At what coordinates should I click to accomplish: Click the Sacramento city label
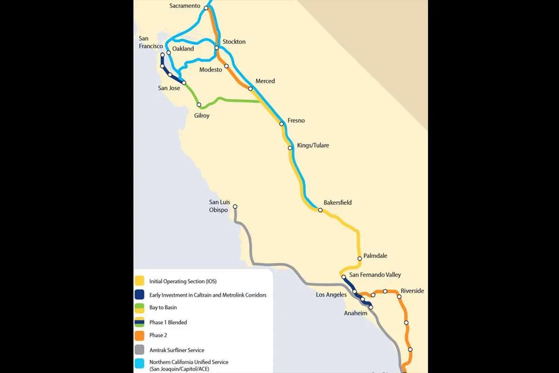point(185,6)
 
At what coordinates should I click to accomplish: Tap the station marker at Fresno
point(282,124)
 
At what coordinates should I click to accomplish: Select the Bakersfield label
point(338,203)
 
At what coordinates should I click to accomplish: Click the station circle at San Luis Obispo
point(235,207)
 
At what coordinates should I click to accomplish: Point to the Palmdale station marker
point(360,258)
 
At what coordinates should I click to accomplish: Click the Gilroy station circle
point(199,105)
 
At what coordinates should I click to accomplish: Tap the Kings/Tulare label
point(313,145)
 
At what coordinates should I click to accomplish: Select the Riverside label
point(412,291)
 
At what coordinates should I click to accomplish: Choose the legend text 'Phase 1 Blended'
point(168,322)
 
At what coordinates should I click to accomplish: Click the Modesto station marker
point(226,67)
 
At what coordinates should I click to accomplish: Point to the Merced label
point(265,81)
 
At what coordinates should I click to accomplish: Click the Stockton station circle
point(217,48)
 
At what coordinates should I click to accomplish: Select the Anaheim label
point(355,313)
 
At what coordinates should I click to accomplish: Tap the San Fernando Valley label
point(375,275)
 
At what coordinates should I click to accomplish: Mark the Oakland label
point(183,48)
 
